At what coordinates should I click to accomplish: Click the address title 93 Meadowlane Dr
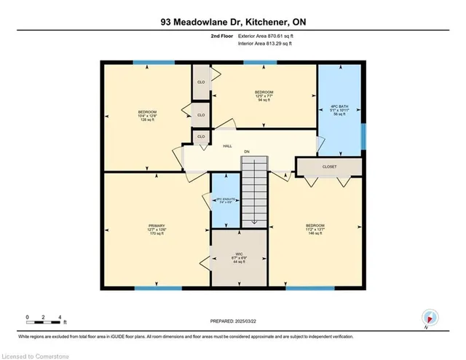tap(233, 22)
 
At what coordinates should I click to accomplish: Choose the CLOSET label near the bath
tap(330, 167)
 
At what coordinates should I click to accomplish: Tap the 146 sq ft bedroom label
tap(315, 230)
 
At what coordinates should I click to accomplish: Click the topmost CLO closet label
tap(201, 83)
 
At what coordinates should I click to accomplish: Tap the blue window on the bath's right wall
tap(363, 133)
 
